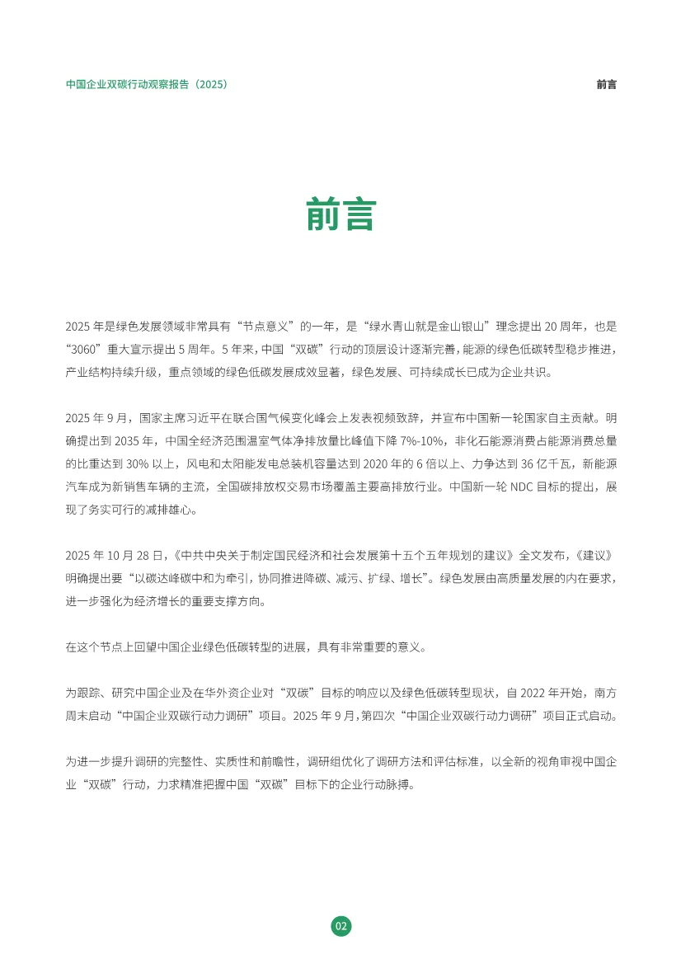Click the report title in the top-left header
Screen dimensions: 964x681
point(147,84)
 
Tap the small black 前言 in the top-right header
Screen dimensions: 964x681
point(606,84)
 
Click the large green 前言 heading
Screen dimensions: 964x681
point(340,214)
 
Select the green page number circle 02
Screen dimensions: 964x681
point(340,926)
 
